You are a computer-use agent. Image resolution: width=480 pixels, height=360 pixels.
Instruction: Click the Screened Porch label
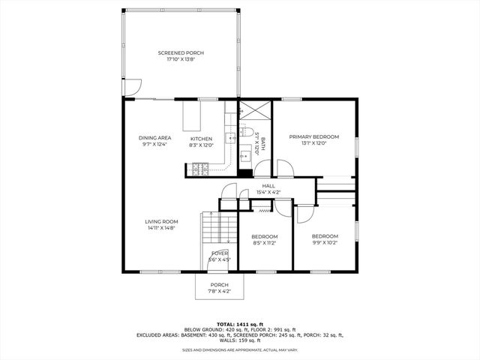[x=181, y=52]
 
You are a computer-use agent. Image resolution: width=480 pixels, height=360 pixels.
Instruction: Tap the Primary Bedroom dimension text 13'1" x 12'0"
[x=314, y=143]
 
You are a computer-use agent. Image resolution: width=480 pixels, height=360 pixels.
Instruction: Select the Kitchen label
[x=201, y=138]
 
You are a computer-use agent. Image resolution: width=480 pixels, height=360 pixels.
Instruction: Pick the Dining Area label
[x=154, y=138]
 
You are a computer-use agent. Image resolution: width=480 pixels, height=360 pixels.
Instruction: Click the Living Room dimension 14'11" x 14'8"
[x=161, y=227]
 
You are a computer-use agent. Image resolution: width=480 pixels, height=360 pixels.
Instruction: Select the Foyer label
[x=219, y=253]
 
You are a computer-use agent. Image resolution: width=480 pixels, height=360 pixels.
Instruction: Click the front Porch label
[x=219, y=285]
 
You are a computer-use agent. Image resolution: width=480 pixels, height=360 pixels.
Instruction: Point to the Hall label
[x=268, y=185]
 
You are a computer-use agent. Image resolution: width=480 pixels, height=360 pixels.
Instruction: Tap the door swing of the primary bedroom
[x=283, y=169]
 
